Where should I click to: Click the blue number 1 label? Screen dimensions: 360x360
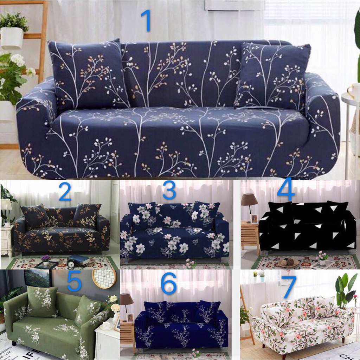(146, 21)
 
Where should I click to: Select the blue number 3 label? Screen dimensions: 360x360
(169, 191)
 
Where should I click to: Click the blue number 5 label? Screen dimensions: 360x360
(74, 281)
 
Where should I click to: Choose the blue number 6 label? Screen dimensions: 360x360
(169, 284)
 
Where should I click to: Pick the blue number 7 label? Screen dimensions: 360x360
(288, 287)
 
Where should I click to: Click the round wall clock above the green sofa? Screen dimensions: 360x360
(104, 278)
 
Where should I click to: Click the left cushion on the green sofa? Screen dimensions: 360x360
(43, 301)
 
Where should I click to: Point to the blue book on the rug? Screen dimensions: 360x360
(78, 260)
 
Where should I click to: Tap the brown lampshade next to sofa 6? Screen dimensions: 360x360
(127, 300)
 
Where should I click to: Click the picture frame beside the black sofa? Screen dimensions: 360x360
(254, 219)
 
